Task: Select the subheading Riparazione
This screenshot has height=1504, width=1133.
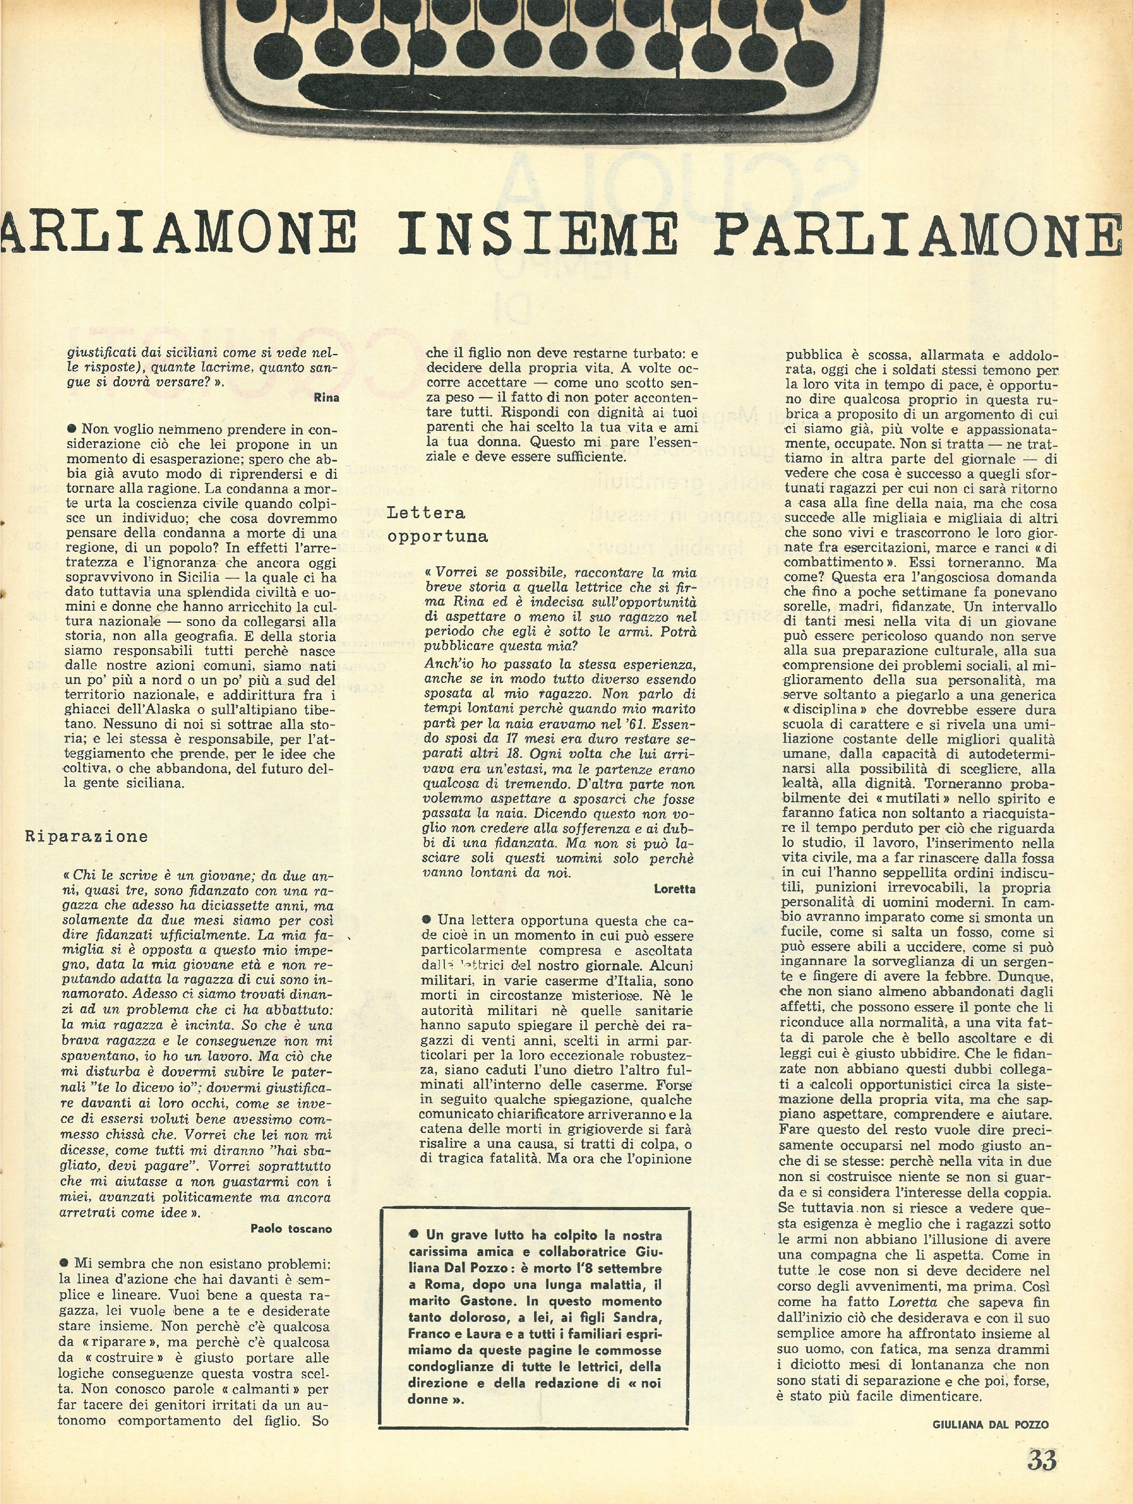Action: pos(87,836)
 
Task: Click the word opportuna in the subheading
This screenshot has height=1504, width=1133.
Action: pos(437,537)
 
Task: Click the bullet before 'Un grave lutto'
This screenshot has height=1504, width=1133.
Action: pos(413,1235)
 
